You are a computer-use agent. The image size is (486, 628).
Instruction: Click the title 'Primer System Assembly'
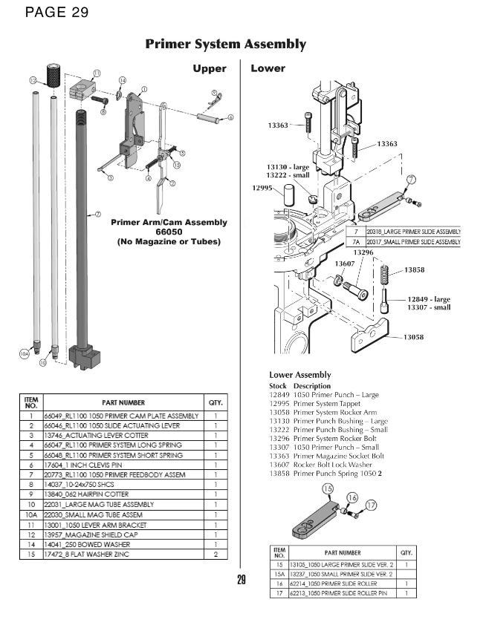coord(225,44)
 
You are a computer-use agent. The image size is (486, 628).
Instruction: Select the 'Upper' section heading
coord(209,68)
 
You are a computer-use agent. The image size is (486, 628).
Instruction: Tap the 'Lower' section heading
coord(268,68)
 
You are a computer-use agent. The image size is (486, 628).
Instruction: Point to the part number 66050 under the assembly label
coord(169,232)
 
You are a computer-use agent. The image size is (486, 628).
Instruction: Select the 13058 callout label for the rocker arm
coord(414,338)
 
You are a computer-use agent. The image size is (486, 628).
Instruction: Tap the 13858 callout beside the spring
coord(415,270)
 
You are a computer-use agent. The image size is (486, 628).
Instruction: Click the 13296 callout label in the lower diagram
coord(363,253)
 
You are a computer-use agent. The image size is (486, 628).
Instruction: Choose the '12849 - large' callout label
coord(429,300)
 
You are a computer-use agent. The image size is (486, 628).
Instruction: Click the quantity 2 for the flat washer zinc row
coord(215,553)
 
